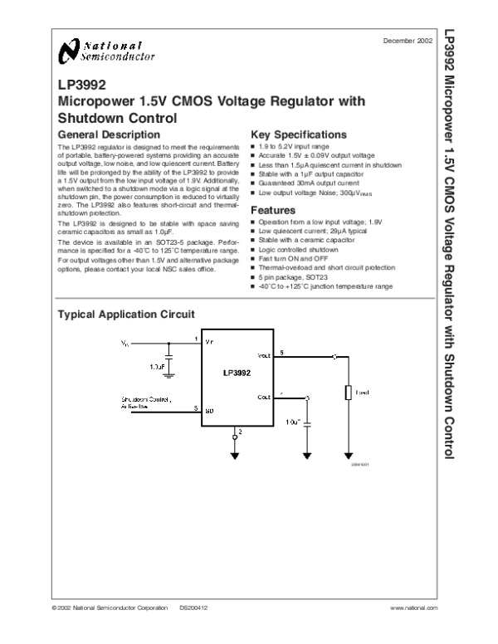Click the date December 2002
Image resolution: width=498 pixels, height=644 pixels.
click(x=408, y=41)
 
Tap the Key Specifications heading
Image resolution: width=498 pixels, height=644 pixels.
click(x=299, y=134)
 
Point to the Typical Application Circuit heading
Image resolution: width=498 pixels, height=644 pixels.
click(x=124, y=315)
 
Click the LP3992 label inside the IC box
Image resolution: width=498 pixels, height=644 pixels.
click(x=237, y=373)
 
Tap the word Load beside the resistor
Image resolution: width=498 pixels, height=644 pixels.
click(x=363, y=391)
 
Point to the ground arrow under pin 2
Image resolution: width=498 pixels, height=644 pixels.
click(x=234, y=455)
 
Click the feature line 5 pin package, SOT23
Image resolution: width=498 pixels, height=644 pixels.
click(x=291, y=278)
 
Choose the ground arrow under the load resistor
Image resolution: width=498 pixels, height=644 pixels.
click(x=349, y=455)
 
